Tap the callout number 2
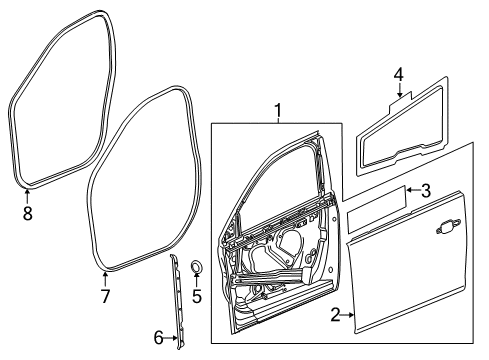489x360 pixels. (335, 316)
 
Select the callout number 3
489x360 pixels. (426, 190)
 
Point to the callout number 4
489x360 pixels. (398, 74)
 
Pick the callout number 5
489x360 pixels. (197, 296)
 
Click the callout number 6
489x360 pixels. (158, 338)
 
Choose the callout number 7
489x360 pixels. (104, 296)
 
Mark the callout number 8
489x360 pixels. (28, 212)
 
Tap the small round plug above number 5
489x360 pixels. (196, 266)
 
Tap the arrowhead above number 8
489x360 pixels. (27, 191)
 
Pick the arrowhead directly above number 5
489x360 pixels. (197, 279)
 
